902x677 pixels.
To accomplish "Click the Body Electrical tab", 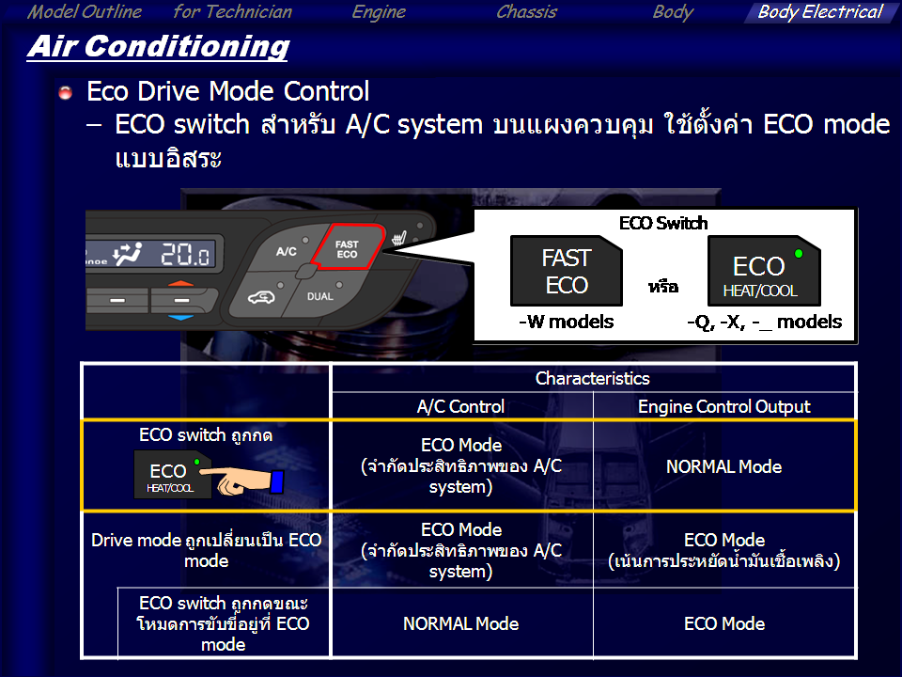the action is pos(819,12).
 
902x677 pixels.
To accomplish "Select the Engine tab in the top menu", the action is pos(379,12).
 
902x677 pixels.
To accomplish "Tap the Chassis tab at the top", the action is pos(526,12).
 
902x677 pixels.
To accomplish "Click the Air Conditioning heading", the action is pos(158,47).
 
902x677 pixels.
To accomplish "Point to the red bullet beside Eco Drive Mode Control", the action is pos(66,92).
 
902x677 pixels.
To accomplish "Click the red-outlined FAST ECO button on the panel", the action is pos(348,247).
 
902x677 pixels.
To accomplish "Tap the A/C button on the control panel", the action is pos(286,251).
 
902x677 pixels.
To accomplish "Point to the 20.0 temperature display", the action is pos(185,253).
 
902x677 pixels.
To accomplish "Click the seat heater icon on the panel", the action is pos(399,237).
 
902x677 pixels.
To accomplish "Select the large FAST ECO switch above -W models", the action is pos(566,271).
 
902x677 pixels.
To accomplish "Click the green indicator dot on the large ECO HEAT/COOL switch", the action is pos(799,253).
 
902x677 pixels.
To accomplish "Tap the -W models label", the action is pos(566,322).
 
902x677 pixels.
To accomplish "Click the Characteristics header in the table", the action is pos(593,378).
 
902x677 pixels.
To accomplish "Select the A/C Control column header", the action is pos(460,406).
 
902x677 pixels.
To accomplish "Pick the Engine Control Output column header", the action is pos(724,406).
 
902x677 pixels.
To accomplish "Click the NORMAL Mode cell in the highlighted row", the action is pos(724,466).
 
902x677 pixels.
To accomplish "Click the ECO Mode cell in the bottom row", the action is pos(724,623).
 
